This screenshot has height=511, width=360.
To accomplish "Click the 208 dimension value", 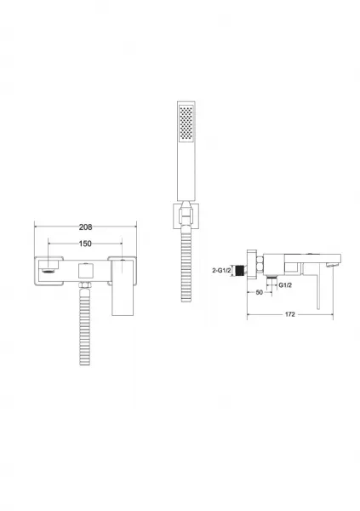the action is [x=85, y=227].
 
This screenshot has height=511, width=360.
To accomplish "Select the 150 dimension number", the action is [x=85, y=244].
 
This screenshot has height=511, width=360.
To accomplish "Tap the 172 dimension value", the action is [x=290, y=314].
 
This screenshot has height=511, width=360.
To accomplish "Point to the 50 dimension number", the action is [x=259, y=292].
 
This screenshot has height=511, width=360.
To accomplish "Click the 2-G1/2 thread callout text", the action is [x=221, y=270].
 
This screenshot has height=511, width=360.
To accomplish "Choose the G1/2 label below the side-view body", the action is [x=285, y=285].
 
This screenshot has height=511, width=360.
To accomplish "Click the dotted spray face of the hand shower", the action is [x=186, y=123].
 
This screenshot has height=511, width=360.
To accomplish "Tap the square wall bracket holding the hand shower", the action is [x=186, y=216].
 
